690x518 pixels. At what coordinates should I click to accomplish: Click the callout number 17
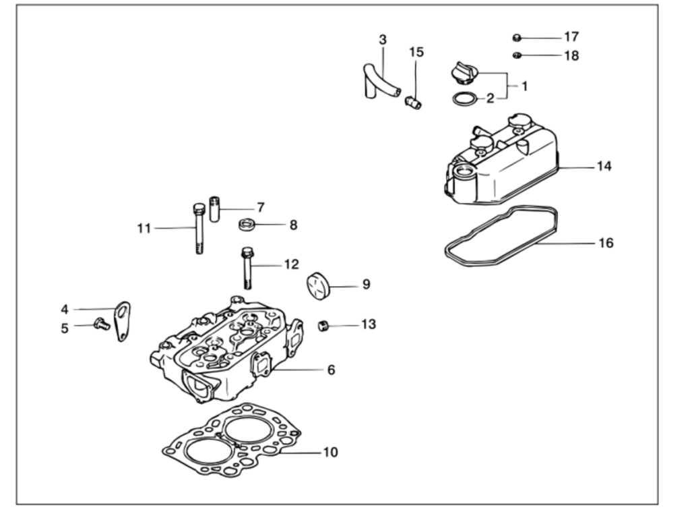tap(571, 36)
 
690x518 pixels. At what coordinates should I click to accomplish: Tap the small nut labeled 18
tap(517, 55)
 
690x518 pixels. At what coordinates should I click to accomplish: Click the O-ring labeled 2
tap(465, 98)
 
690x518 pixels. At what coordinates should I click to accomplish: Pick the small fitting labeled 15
tap(413, 103)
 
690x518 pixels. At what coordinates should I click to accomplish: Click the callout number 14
tap(604, 167)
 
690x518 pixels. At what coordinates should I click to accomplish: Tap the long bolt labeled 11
tap(199, 229)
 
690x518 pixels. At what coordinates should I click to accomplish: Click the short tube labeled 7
tap(214, 209)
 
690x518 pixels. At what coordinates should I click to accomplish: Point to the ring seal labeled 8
tap(247, 225)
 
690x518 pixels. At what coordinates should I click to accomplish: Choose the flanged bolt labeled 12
tap(247, 268)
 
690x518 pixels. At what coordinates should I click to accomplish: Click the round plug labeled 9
tap(318, 286)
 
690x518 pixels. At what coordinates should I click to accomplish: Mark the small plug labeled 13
tap(323, 326)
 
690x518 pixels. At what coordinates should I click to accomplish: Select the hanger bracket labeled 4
tap(123, 321)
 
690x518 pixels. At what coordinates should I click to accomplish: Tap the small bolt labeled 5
tap(102, 324)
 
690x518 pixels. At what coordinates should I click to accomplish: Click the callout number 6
tap(332, 370)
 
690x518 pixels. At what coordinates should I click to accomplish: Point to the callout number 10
tap(330, 453)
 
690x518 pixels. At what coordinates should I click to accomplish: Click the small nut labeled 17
tap(517, 38)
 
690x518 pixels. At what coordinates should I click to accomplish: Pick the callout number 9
tap(366, 285)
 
